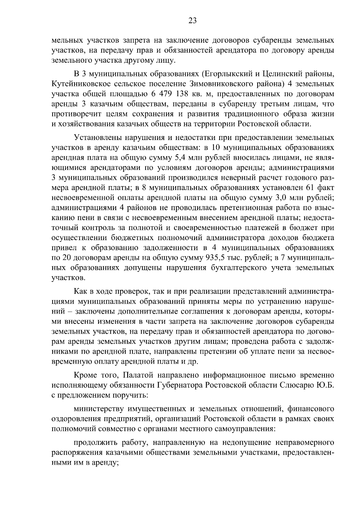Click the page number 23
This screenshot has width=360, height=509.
[x=192, y=20]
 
